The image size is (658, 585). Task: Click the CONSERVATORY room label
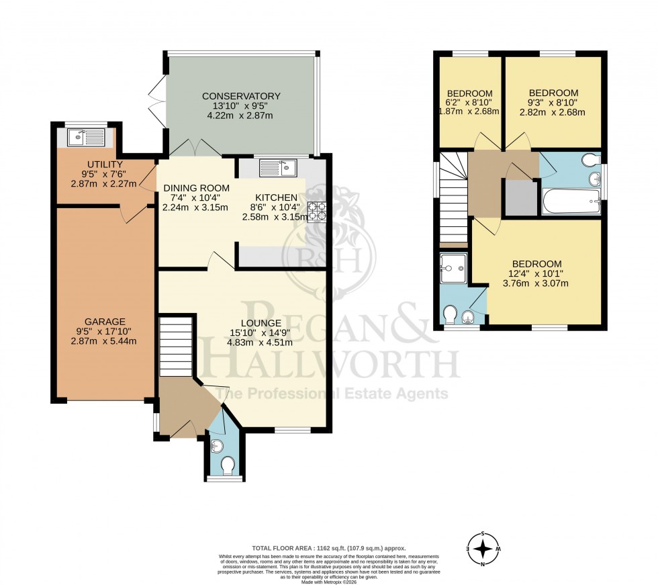pyautogui.click(x=241, y=96)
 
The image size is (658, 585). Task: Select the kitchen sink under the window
pyautogui.click(x=277, y=167)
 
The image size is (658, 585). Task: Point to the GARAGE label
pyautogui.click(x=105, y=321)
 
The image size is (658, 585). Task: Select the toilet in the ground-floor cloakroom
pyautogui.click(x=227, y=465)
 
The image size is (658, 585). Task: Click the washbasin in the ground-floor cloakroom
pyautogui.click(x=217, y=445)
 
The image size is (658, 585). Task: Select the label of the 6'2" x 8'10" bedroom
pyautogui.click(x=470, y=93)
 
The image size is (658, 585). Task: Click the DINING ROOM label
pyautogui.click(x=196, y=188)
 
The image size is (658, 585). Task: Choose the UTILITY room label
pyautogui.click(x=104, y=165)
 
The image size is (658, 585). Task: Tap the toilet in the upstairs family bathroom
pyautogui.click(x=589, y=160)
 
